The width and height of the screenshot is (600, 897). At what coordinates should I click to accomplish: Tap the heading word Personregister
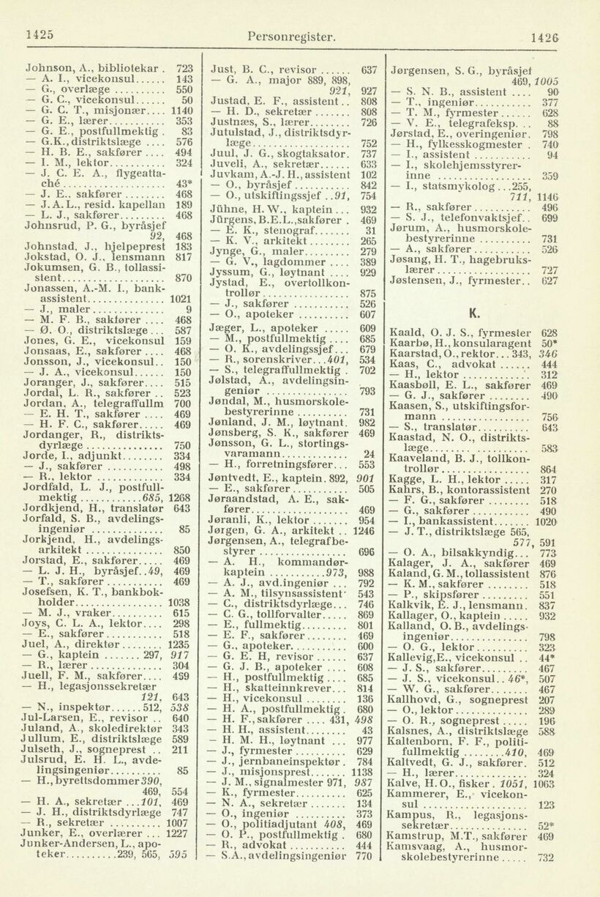coord(292,35)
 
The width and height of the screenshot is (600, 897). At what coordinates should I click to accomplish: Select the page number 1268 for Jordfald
coord(179,499)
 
